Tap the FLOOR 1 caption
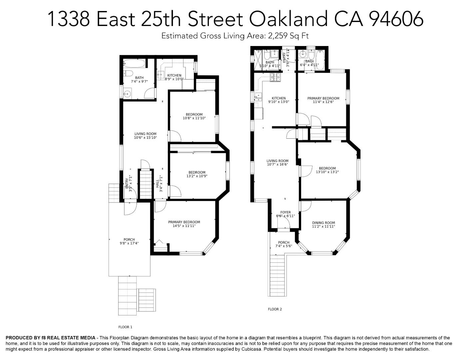[x=125, y=327]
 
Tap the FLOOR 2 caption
[x=275, y=309]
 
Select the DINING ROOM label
[x=323, y=223]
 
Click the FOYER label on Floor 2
[x=285, y=212]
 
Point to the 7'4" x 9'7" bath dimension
[x=139, y=81]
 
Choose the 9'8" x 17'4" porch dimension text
[x=129, y=243]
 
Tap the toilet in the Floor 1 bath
[x=128, y=73]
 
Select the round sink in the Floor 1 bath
[x=127, y=94]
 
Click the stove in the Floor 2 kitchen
[x=275, y=77]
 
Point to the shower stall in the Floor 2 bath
[x=258, y=60]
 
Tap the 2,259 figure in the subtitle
[x=277, y=36]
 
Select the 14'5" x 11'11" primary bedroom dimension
[x=184, y=226]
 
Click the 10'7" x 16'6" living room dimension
[x=277, y=164]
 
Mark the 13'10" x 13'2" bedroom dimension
[x=327, y=172]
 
